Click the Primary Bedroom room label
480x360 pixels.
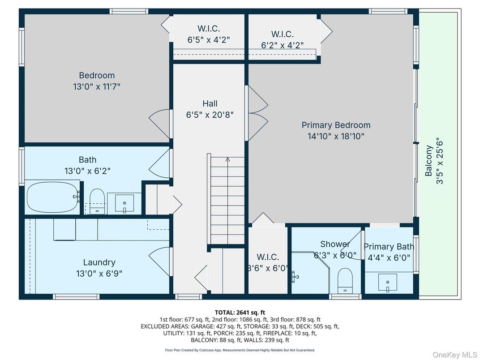[x=336, y=125]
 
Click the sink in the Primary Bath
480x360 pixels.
[x=388, y=283]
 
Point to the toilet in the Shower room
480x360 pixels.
[x=345, y=279]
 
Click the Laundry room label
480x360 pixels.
[x=99, y=262]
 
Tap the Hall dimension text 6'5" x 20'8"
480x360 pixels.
[x=210, y=115]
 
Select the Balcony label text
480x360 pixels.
[x=429, y=161]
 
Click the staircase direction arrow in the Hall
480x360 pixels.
[x=227, y=159]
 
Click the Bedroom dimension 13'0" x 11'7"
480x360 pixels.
[x=97, y=86]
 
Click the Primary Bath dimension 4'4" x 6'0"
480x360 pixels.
[x=388, y=257]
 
